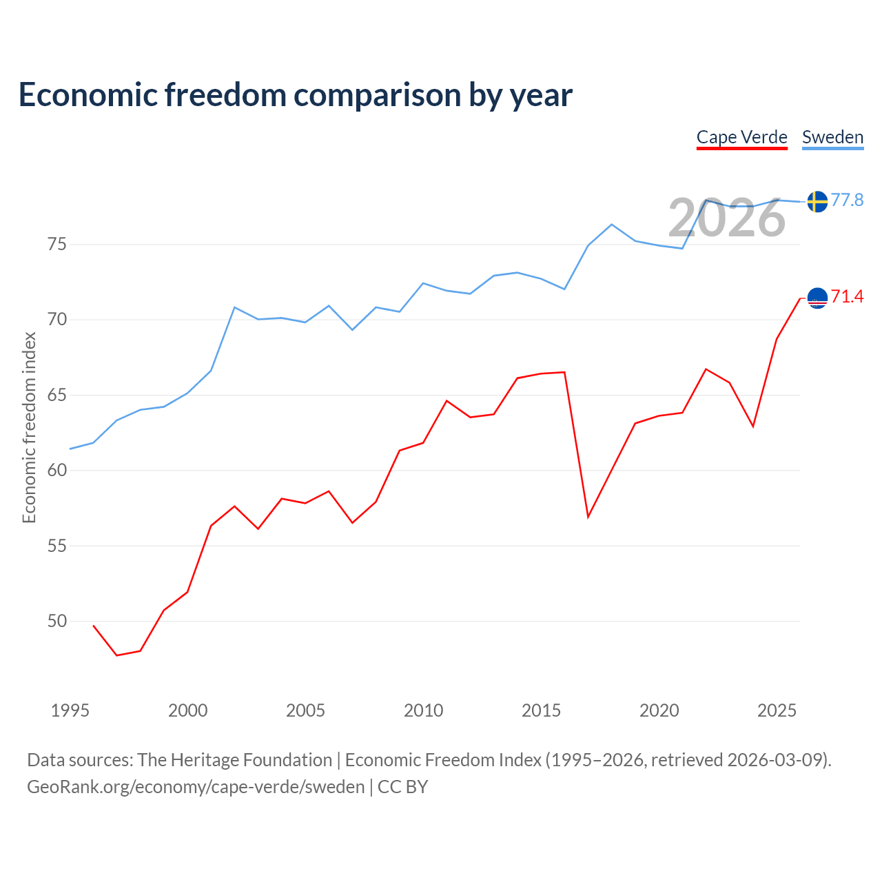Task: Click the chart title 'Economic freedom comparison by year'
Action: [x=296, y=95]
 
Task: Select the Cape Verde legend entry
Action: [x=741, y=137]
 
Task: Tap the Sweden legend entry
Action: [x=832, y=137]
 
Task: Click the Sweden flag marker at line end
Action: [x=817, y=201]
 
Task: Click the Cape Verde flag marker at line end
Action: [x=817, y=298]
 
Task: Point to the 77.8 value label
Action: [x=847, y=200]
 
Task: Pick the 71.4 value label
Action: [x=847, y=297]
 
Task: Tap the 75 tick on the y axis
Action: [x=57, y=245]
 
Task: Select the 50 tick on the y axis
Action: [x=57, y=622]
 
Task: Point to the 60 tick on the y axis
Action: [x=57, y=471]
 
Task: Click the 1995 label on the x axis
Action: [x=70, y=710]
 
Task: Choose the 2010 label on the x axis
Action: [x=423, y=710]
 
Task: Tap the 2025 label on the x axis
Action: [x=777, y=710]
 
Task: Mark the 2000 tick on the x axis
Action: [x=187, y=710]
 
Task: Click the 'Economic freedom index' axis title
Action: [x=29, y=427]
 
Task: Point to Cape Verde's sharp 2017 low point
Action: [x=588, y=517]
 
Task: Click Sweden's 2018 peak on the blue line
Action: [x=611, y=225]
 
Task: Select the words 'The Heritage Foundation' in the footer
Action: [x=234, y=760]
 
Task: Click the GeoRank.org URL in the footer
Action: [x=196, y=787]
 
